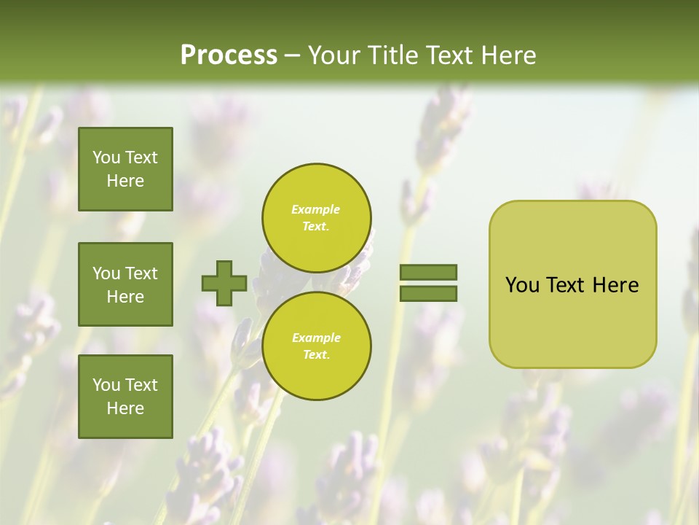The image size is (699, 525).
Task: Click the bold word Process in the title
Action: [229, 55]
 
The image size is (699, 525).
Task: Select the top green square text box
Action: [125, 169]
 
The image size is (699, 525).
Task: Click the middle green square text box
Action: [125, 284]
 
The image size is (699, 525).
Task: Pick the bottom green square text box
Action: [125, 397]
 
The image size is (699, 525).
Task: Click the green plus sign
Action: [224, 283]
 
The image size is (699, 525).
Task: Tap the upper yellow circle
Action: [316, 217]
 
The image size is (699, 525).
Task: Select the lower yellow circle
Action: [316, 346]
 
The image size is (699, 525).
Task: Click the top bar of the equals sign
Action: [428, 272]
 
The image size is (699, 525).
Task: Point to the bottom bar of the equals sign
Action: [428, 293]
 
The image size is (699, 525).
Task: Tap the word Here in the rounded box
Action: [615, 285]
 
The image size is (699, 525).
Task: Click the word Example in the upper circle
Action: [316, 209]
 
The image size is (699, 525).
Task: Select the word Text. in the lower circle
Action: [316, 354]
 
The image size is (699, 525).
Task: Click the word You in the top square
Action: [106, 157]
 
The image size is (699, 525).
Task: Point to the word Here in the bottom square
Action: [125, 408]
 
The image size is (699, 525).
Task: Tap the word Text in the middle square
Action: [141, 273]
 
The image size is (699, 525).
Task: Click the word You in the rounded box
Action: [522, 285]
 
